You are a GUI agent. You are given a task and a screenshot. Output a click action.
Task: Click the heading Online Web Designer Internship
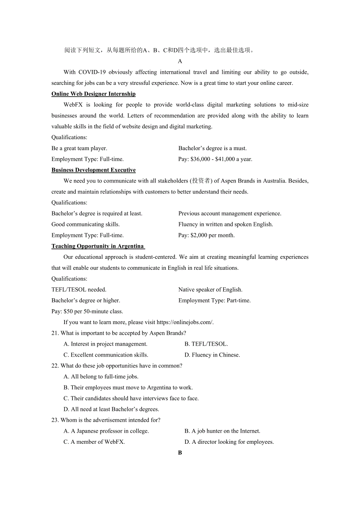pos(94,94)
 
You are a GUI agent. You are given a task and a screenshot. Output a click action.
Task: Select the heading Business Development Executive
pos(94,170)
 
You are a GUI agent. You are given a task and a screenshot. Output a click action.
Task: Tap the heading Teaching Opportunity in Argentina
pos(98,246)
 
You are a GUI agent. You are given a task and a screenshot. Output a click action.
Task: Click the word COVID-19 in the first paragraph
pos(92,72)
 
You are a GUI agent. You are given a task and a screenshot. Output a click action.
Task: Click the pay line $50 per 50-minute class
pos(87,312)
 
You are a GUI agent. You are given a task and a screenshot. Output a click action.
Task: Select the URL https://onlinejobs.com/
pos(185,323)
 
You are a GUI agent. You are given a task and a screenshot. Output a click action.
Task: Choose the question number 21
pos(55,333)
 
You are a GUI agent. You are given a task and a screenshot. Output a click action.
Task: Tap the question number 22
pos(55,366)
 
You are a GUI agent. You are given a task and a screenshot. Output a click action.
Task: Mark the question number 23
pos(55,420)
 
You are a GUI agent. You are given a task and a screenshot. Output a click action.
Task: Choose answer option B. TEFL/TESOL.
pos(206,344)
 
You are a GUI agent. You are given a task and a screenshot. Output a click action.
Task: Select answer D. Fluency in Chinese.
pos(212,355)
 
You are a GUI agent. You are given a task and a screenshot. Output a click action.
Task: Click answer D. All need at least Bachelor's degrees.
pos(111,409)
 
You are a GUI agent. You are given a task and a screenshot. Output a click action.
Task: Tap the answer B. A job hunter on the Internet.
pos(222,431)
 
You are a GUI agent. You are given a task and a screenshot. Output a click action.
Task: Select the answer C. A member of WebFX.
pos(94,442)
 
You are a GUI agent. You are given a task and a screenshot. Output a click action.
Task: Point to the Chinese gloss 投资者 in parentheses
pos(200,181)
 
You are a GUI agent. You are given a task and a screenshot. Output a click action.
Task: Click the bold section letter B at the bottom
pos(180,453)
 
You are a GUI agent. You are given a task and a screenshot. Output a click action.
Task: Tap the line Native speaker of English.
pos(211,290)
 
